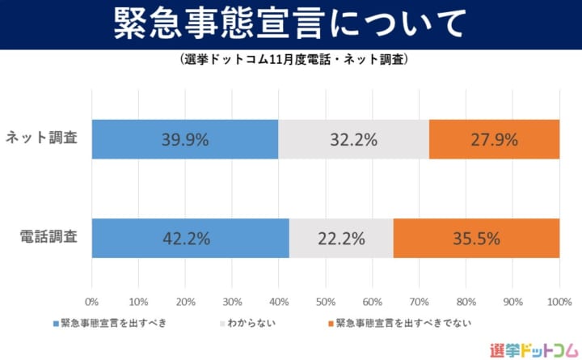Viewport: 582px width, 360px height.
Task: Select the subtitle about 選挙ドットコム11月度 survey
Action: pos(290,60)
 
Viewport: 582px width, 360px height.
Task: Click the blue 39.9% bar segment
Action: pos(185,138)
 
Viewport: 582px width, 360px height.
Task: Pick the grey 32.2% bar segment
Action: pos(353,138)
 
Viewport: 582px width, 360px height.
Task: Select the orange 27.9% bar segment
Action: pos(494,138)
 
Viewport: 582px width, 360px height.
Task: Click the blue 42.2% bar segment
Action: pos(191,238)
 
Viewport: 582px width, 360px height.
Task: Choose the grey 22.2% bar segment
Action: pos(341,238)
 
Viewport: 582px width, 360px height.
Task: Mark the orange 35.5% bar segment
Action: pos(476,238)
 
